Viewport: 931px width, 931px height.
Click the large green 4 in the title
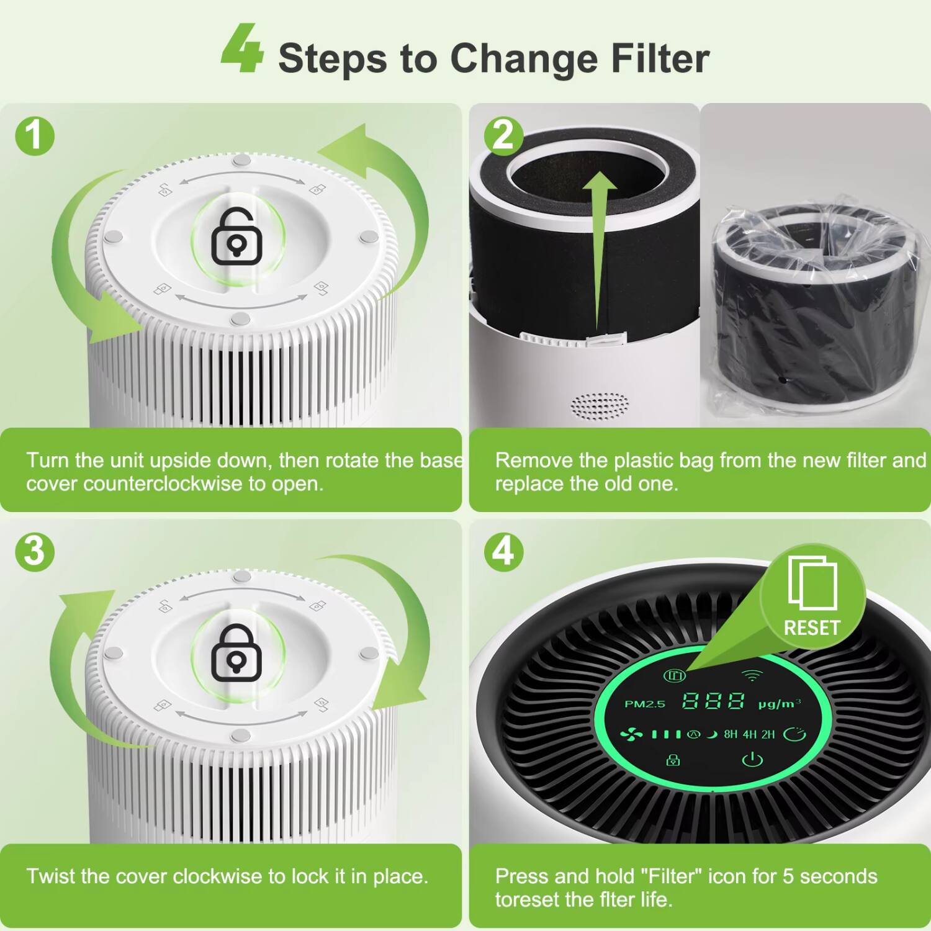point(242,50)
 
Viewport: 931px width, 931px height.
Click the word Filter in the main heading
point(660,58)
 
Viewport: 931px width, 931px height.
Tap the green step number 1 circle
point(35,136)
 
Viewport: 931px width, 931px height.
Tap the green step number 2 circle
point(503,135)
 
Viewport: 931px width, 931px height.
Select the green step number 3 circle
point(35,552)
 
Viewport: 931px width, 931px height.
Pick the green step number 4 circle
point(503,552)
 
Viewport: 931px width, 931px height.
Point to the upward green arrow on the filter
point(598,248)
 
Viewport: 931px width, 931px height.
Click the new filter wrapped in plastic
point(813,310)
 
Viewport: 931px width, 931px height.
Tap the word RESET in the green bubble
point(811,628)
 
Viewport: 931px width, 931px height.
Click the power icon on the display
point(752,759)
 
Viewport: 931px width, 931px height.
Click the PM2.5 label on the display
point(644,704)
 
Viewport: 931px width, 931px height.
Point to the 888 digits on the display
point(713,702)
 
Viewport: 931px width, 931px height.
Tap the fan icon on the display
point(632,735)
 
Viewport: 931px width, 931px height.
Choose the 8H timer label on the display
point(731,735)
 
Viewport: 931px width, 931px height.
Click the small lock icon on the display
point(673,759)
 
